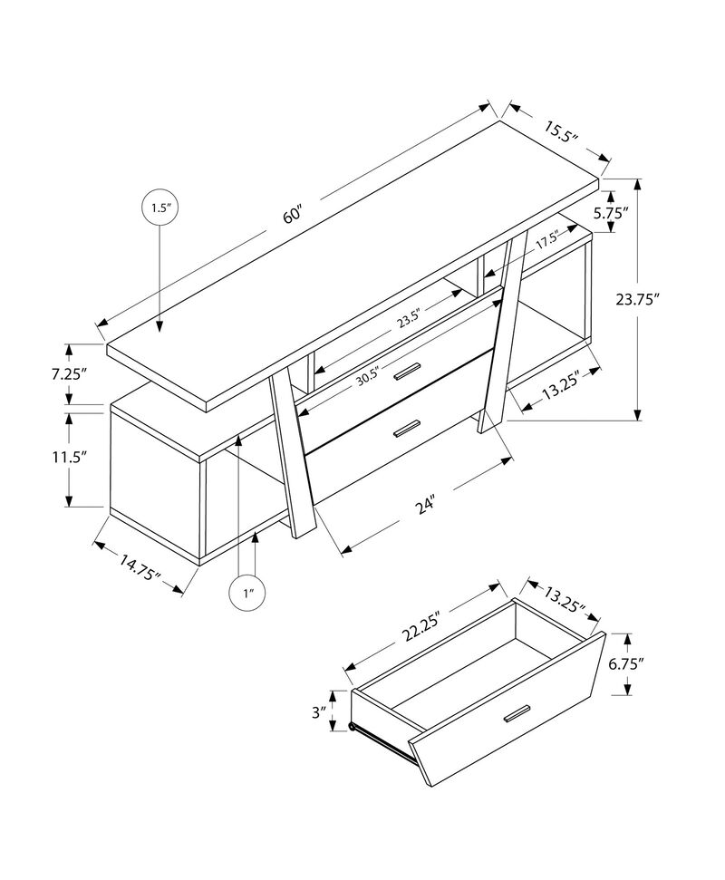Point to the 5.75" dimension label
click(x=636, y=214)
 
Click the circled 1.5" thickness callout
click(x=159, y=208)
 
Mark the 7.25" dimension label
click(x=70, y=373)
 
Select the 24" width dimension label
click(x=426, y=505)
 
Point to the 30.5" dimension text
click(x=367, y=376)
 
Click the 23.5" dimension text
click(x=410, y=320)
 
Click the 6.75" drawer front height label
click(x=625, y=663)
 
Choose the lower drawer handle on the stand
click(x=409, y=428)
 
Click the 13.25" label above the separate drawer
click(x=565, y=596)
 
